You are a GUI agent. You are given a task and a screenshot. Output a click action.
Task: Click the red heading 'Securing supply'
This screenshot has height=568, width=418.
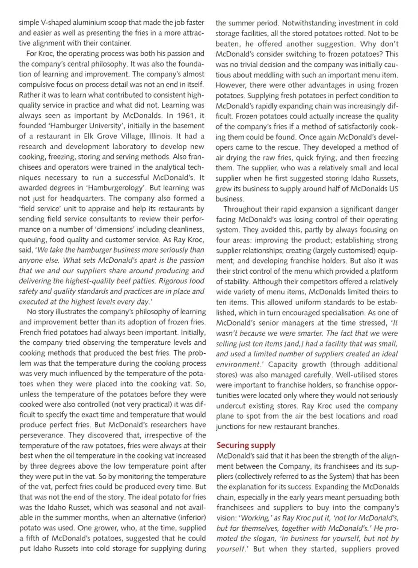pyautogui.click(x=246, y=445)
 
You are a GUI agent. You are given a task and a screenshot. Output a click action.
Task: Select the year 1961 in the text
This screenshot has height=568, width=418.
pyautogui.click(x=176, y=115)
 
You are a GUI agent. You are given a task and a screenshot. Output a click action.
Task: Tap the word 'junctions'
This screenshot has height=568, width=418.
pyautogui.click(x=233, y=426)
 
